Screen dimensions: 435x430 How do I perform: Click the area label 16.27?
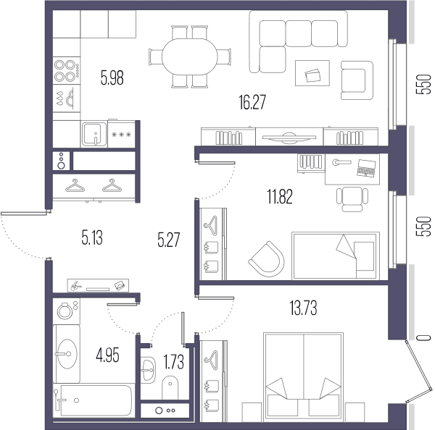point(252,102)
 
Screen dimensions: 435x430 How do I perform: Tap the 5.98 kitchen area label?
point(112,78)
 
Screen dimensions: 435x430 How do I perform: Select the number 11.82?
point(280,197)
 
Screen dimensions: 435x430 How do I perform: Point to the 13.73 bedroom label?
point(303,308)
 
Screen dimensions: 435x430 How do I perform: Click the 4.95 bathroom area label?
point(107,355)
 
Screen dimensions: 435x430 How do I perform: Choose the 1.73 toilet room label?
point(174,362)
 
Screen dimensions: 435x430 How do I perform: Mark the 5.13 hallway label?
point(92,238)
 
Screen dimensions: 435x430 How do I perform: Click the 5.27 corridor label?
point(169,240)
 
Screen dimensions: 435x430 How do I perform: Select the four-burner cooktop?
point(67,70)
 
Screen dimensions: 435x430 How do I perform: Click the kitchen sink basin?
point(94,135)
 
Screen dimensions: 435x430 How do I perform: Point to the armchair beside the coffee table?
point(357,80)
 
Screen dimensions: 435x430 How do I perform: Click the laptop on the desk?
point(366,168)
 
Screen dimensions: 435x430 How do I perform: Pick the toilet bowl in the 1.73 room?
point(170,387)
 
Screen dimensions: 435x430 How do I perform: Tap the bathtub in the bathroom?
point(94,400)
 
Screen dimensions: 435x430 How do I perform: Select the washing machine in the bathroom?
point(67,311)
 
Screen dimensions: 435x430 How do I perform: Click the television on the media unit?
point(289,137)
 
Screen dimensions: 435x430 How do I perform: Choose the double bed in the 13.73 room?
point(304,376)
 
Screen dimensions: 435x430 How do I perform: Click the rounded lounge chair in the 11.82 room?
point(267,259)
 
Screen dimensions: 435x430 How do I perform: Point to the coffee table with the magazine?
point(312,73)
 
